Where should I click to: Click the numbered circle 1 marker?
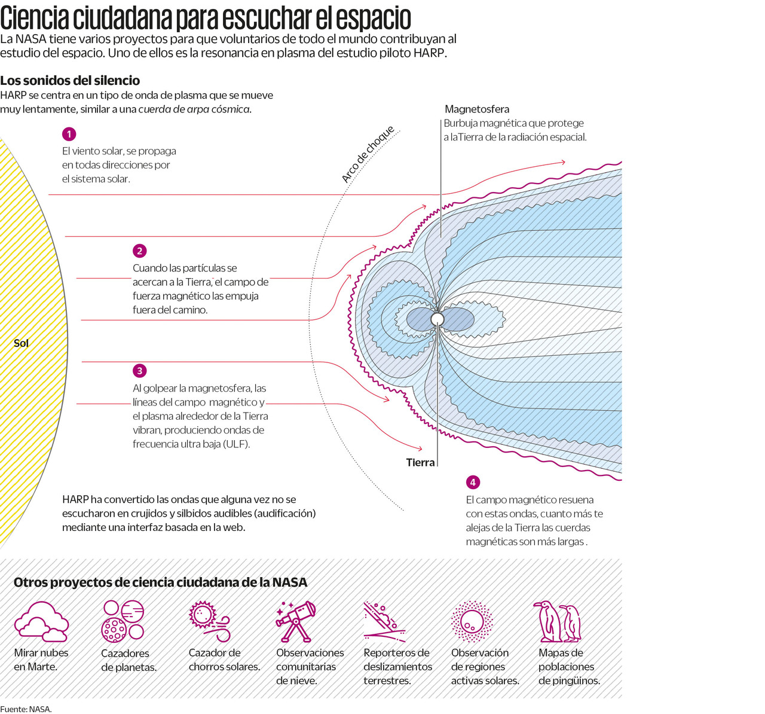pos(69,134)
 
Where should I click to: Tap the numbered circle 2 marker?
pos(139,251)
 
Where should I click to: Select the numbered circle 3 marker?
pos(139,371)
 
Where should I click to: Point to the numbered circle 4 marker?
pos(473,483)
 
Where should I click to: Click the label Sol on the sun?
pos(21,343)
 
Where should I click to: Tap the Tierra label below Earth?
pos(420,462)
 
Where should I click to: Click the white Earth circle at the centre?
pos(437,319)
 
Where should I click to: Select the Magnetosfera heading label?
pos(477,109)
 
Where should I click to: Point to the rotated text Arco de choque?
pos(368,154)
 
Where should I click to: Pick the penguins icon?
pos(557,621)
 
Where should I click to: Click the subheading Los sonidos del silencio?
pos(70,80)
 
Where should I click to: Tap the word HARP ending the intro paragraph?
pos(429,53)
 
